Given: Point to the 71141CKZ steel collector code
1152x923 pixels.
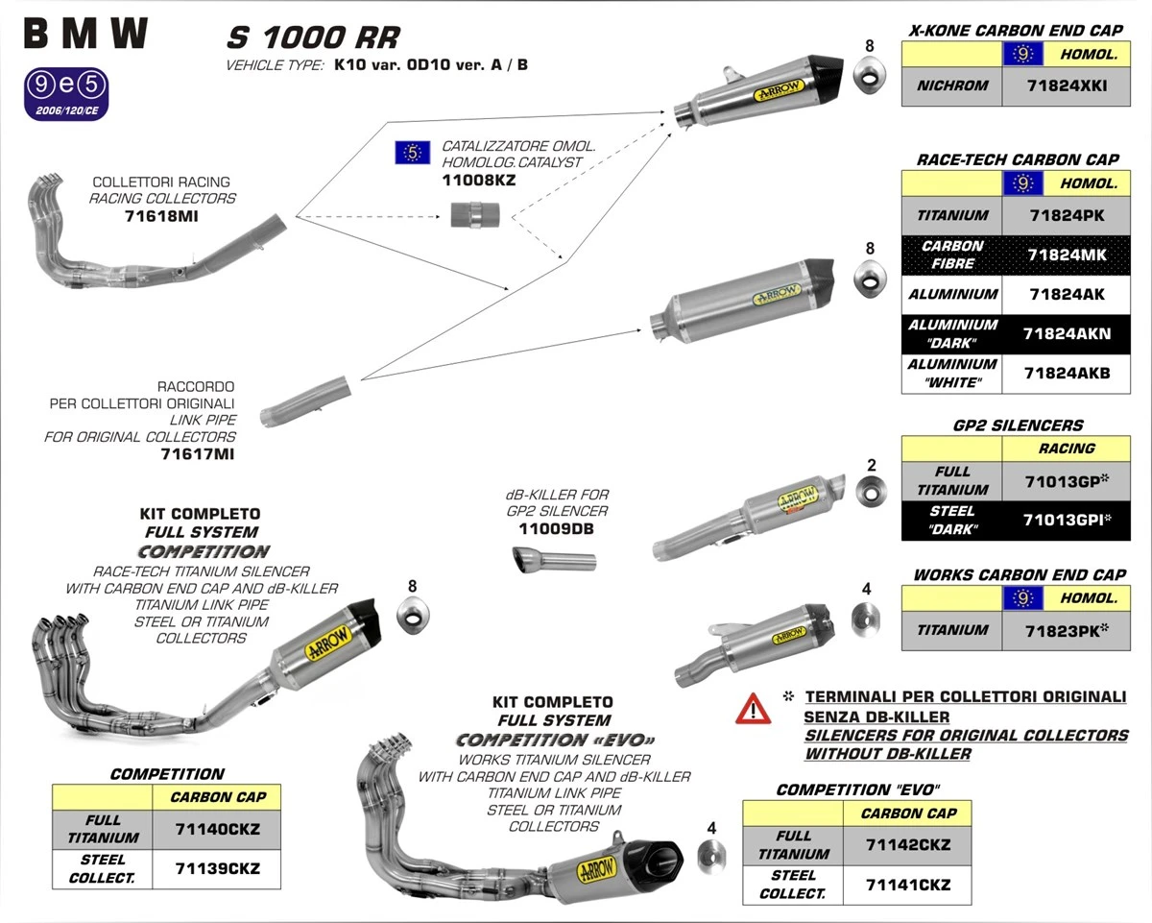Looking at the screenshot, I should tap(908, 884).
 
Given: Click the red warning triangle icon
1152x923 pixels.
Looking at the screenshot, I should tap(754, 709).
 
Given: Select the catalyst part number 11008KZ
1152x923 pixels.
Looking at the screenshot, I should tap(478, 180).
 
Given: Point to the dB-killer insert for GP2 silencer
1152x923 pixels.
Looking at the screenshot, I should tap(554, 559).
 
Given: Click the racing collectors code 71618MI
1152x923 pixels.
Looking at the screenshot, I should tap(162, 216).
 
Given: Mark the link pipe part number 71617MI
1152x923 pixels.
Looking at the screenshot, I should tap(197, 454).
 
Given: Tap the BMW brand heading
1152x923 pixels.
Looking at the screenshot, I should tap(86, 35).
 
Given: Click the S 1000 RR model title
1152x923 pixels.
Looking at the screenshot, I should tap(312, 38).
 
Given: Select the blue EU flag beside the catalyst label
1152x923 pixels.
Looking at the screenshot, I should tap(413, 153).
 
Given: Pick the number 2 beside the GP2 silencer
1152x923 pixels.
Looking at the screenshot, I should tap(871, 466).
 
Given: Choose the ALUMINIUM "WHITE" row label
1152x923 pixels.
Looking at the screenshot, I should tap(951, 374).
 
